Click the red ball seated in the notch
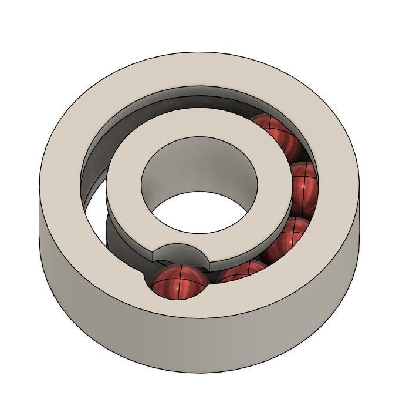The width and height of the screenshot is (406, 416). (x=178, y=280)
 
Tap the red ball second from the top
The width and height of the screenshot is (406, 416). (x=303, y=184)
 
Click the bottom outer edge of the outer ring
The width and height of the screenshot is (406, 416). (x=199, y=372)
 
